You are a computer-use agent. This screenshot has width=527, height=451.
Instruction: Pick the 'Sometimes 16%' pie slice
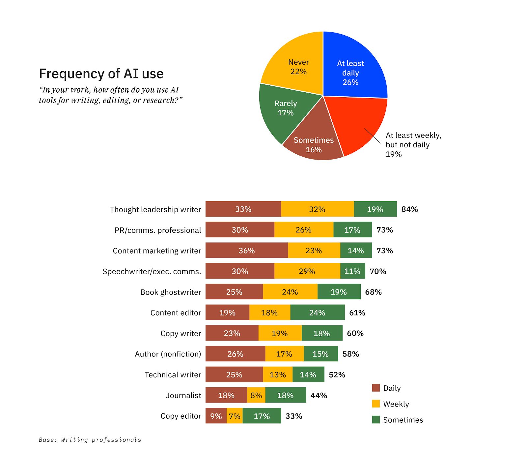coord(313,145)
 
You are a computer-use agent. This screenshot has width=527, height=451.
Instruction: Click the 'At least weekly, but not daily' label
coord(413,144)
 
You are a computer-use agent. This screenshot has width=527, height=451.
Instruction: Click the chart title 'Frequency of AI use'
coord(101,74)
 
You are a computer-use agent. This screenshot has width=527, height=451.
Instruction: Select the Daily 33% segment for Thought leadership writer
coord(243,209)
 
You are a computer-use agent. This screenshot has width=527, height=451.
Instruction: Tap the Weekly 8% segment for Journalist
coord(256,395)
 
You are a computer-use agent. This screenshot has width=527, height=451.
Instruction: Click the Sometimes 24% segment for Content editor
coord(317,313)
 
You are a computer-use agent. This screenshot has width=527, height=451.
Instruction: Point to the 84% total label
coord(409,209)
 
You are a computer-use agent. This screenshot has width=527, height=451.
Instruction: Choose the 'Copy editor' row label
coord(180,416)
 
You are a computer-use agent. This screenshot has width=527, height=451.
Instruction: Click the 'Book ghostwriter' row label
coord(170,292)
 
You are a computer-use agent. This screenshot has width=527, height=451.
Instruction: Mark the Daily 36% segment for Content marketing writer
coord(246,251)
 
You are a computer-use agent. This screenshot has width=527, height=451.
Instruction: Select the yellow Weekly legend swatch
coord(375,404)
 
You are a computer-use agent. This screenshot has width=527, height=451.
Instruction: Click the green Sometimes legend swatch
coord(375,420)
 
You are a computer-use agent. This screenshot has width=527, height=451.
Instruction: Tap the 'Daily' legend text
coord(392,388)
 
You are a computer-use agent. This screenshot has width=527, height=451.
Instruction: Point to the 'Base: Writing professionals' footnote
coord(90,439)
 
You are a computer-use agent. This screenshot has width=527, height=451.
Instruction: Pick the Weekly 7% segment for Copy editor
coord(235,416)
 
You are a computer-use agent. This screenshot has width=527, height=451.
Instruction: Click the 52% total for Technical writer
coord(337,375)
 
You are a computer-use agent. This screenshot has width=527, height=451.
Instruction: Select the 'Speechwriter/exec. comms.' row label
coord(152,271)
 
